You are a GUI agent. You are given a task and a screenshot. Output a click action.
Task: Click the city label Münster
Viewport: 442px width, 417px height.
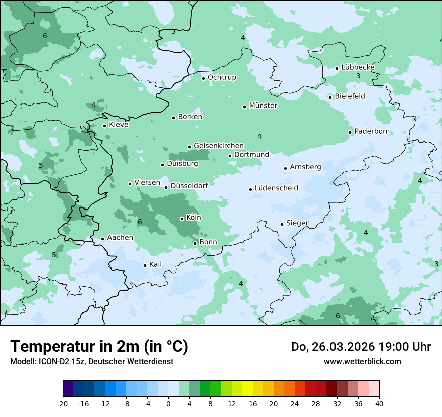263,106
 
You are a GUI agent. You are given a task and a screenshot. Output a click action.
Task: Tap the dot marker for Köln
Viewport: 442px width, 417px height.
182,219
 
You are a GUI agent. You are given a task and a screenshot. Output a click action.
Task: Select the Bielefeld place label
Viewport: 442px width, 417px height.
350,96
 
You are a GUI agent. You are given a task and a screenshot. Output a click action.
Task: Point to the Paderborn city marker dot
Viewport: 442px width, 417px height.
350,132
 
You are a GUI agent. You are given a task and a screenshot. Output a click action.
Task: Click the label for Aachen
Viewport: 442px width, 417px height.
120,238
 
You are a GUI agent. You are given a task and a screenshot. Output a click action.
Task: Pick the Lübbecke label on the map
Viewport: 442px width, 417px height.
358,67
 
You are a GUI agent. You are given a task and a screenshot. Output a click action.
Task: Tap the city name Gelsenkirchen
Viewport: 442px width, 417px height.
218,146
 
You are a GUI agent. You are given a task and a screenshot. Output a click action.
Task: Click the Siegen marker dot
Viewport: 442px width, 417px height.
282,224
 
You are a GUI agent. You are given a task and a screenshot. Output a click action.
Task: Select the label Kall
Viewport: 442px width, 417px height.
155,264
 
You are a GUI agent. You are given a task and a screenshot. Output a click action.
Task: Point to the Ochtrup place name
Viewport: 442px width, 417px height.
222,77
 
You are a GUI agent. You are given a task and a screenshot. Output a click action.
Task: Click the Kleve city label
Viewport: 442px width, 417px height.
119,125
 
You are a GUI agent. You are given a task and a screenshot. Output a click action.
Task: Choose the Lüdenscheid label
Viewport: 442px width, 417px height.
276,188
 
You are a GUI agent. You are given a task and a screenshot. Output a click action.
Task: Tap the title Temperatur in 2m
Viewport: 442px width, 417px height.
99,346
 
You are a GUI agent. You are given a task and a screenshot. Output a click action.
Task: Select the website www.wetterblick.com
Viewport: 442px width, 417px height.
362,361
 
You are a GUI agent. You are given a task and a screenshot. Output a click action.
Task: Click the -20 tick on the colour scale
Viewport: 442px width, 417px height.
63,403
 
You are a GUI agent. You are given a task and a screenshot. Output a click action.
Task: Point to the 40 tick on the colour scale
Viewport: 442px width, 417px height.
379,403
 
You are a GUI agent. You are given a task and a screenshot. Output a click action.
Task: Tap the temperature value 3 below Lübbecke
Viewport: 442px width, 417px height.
358,76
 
